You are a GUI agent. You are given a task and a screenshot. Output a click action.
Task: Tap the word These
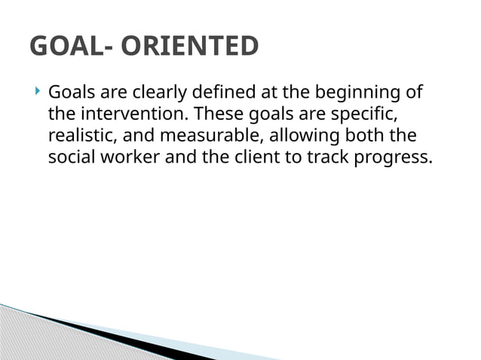[216, 115]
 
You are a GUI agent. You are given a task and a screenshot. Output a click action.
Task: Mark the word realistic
[80, 137]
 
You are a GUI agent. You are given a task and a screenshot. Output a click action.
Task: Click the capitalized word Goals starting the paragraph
[70, 93]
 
